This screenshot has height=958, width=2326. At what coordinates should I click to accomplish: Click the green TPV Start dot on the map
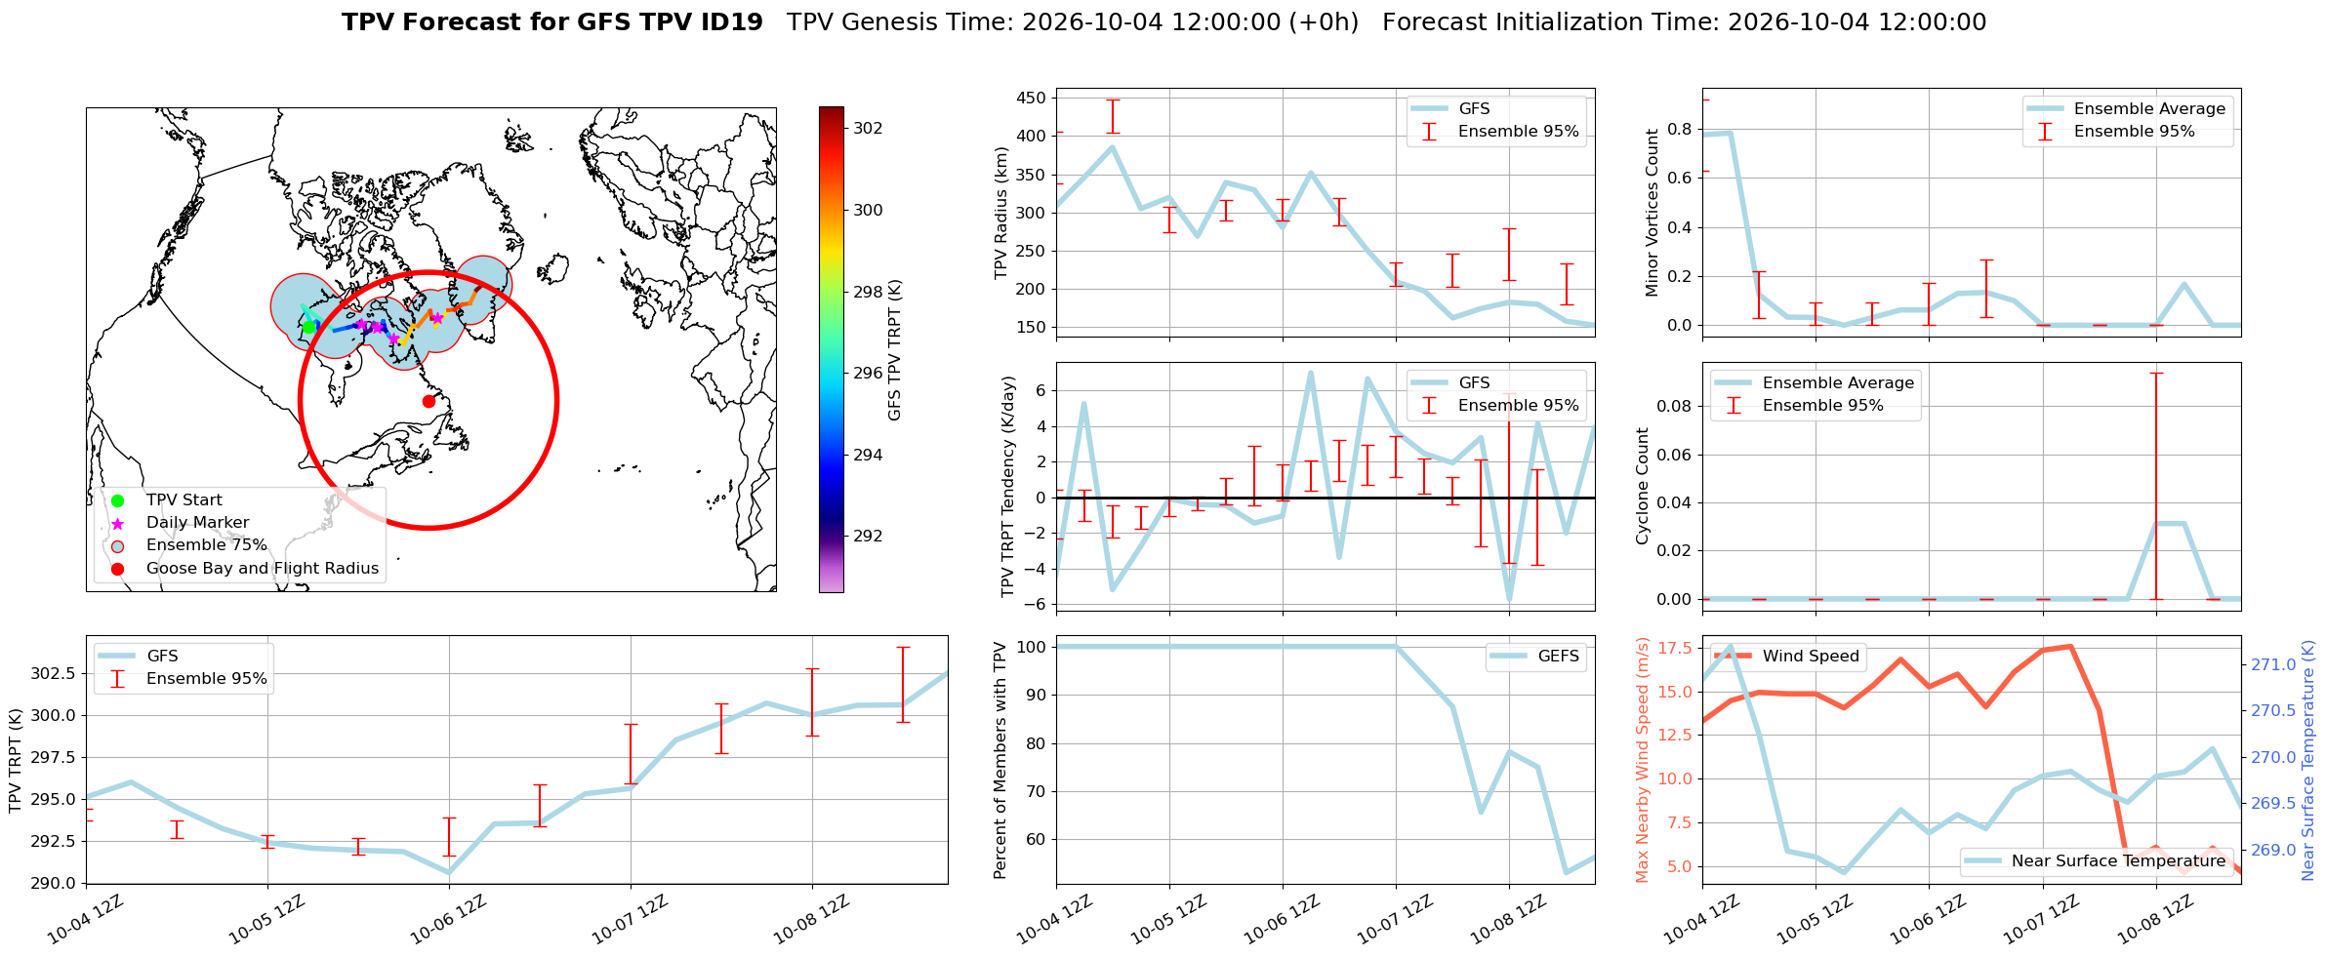click(x=308, y=327)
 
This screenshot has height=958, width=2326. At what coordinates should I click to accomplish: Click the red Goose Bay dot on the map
click(x=428, y=401)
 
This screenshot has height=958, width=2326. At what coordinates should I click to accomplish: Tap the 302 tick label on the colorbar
click(x=868, y=128)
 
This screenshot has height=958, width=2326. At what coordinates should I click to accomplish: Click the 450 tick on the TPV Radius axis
click(x=1032, y=98)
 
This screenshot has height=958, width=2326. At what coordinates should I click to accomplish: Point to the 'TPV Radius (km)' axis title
click(x=1000, y=213)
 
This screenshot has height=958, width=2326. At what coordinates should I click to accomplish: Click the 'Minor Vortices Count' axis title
click(x=1652, y=213)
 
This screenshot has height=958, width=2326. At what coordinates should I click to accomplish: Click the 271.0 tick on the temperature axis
click(x=2273, y=665)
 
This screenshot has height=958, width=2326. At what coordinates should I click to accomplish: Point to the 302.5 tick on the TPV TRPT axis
click(x=54, y=674)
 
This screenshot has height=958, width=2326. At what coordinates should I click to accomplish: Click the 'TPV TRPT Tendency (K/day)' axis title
click(x=1008, y=487)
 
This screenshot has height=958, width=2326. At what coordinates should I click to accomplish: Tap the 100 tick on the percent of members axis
click(x=1032, y=647)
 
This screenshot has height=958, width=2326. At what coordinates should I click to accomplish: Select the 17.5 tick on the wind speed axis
click(x=1675, y=648)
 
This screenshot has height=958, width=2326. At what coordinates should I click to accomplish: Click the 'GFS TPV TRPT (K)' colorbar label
click(x=894, y=350)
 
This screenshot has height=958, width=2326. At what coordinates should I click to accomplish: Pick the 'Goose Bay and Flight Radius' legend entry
click(x=263, y=569)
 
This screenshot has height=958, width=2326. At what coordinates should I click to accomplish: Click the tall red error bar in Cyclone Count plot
click(x=2156, y=486)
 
